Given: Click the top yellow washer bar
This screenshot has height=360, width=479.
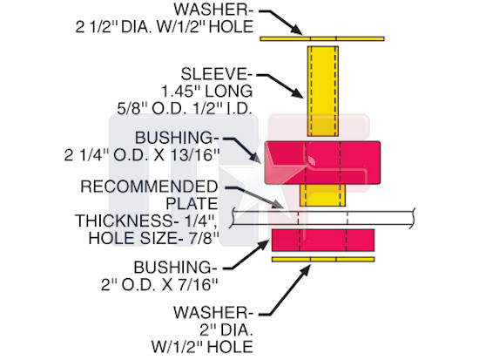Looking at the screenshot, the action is coord(322,39).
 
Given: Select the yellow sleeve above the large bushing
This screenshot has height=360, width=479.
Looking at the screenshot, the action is coord(323,92).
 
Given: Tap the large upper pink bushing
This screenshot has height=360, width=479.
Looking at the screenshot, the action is coord(322,162).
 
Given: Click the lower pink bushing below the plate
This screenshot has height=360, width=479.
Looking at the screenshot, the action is coord(323,240).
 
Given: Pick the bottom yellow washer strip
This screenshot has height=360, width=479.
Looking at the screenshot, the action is coord(323,260).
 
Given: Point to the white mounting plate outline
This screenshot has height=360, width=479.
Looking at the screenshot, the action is coord(323,218).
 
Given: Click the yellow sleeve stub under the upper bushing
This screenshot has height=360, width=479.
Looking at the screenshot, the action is coord(322,195).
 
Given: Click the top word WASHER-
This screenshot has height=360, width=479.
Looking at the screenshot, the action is coord(213,10).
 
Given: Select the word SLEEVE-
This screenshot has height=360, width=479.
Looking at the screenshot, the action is coord(217,74).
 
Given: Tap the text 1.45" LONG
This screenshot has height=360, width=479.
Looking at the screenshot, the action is coord(206,92).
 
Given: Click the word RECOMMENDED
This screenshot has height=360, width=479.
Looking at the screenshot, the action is coord(149,187).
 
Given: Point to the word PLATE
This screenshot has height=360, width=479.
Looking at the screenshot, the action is coord(192,204).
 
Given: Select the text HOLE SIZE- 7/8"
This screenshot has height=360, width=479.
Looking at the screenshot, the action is coord(153,238).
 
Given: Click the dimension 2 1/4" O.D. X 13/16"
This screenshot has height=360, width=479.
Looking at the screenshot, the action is coord(142,155).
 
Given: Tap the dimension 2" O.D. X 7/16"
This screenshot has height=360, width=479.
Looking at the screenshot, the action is coord(159,285).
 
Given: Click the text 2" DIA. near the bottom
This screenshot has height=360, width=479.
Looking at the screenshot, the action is coord(226,330).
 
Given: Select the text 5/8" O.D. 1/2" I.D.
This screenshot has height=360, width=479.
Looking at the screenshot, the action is coord(185,108).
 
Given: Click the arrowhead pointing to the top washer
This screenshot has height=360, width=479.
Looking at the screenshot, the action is coord(297,30).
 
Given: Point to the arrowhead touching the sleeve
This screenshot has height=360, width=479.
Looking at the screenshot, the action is coord(298,92).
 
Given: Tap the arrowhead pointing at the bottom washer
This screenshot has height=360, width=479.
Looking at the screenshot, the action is coord(306,270).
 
